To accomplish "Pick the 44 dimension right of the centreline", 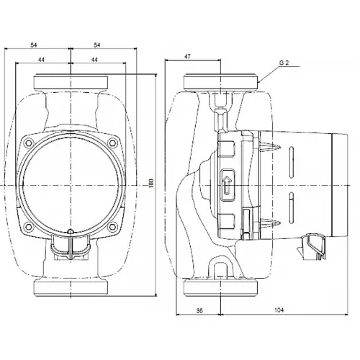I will tap(96, 63).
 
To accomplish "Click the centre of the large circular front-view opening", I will tap(71, 185).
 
